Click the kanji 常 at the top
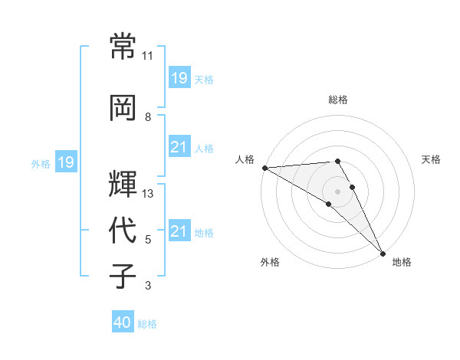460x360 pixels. click(x=123, y=46)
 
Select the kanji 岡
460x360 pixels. click(x=123, y=107)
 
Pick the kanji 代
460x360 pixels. click(x=123, y=230)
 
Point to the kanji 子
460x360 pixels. click(x=123, y=276)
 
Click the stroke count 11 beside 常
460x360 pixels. click(x=148, y=56)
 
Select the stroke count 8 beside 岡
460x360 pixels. click(x=148, y=117)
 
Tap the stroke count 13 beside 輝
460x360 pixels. click(x=148, y=194)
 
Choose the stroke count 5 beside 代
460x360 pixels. click(x=148, y=240)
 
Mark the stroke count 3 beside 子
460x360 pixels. click(x=148, y=286)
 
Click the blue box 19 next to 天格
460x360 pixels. click(x=179, y=78)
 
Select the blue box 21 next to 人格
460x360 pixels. click(x=179, y=147)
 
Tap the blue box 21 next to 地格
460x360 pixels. click(x=179, y=231)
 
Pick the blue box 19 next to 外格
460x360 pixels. click(x=65, y=162)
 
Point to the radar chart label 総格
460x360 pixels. click(x=337, y=100)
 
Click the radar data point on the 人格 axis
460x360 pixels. click(x=264, y=167)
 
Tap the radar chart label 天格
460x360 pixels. click(x=432, y=159)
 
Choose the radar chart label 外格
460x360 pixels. click(x=270, y=262)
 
